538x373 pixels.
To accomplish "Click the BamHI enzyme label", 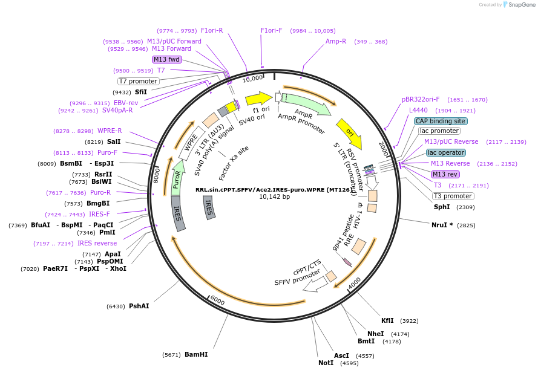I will coord(196,354).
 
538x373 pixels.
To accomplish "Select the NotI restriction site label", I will coord(326,363).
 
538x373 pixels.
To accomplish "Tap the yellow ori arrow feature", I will coord(350,133).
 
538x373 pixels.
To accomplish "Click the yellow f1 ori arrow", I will coord(258,99).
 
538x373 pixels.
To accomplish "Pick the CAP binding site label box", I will coord(441,121).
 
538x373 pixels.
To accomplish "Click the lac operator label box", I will coord(446,152).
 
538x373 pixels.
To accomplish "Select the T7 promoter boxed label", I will coord(139,81).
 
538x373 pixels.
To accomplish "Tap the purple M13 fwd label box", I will coord(166,59).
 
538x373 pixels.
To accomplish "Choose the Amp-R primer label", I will coord(336,41).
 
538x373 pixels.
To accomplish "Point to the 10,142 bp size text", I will coord(274,197).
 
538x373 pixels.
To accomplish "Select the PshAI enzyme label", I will coord(139,306).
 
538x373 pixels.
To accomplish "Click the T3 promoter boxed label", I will coord(453,196).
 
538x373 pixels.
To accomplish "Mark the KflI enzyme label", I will coord(387,320).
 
